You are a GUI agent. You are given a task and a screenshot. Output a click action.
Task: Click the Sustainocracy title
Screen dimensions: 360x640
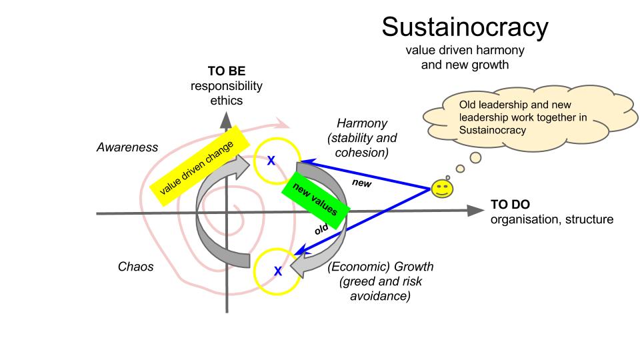click(465, 27)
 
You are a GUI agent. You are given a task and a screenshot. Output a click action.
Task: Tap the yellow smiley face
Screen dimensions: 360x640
click(440, 189)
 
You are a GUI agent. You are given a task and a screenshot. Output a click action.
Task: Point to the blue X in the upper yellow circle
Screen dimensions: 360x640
click(271, 160)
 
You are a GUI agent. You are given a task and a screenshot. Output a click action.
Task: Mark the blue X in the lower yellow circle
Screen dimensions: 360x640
click(278, 271)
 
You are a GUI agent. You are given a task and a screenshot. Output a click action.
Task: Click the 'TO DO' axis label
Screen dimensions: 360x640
click(511, 205)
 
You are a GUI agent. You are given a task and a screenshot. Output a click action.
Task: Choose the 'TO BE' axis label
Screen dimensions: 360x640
click(226, 72)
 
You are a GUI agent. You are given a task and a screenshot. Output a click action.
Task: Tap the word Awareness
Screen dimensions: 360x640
click(127, 147)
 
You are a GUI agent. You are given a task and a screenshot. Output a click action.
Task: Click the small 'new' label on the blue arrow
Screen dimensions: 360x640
click(361, 181)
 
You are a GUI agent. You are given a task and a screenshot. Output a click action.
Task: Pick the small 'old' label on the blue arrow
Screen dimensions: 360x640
click(322, 230)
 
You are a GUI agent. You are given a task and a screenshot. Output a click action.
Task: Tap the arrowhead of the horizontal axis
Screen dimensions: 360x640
click(476, 210)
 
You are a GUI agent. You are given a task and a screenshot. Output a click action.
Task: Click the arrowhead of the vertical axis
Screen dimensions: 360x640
click(227, 119)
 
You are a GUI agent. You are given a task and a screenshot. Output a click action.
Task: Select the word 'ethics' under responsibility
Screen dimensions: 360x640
click(226, 101)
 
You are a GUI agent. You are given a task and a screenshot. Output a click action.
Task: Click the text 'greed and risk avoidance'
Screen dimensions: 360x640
click(380, 288)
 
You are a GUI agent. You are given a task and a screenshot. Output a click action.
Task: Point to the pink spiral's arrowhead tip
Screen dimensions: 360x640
click(287, 124)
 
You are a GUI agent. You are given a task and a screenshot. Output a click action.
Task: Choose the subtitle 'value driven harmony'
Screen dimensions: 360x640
click(465, 51)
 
